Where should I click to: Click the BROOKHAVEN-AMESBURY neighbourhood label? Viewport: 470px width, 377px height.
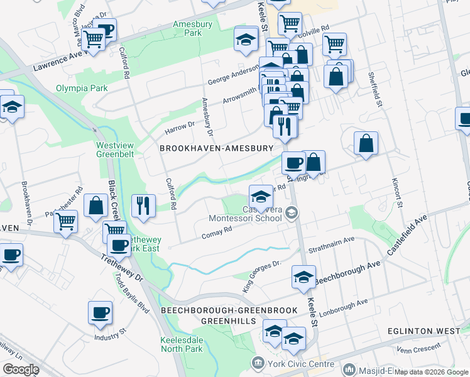pos(217,148)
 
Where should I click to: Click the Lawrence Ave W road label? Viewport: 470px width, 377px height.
pos(58,62)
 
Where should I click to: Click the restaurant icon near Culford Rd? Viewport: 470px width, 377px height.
pos(144,205)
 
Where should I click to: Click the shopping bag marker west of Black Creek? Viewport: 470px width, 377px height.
pos(96,205)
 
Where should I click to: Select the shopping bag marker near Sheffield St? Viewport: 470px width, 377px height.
pos(366,144)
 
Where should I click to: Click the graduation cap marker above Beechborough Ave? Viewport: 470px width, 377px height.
pos(303,277)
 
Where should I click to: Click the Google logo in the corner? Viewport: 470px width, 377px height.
pos(21,369)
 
